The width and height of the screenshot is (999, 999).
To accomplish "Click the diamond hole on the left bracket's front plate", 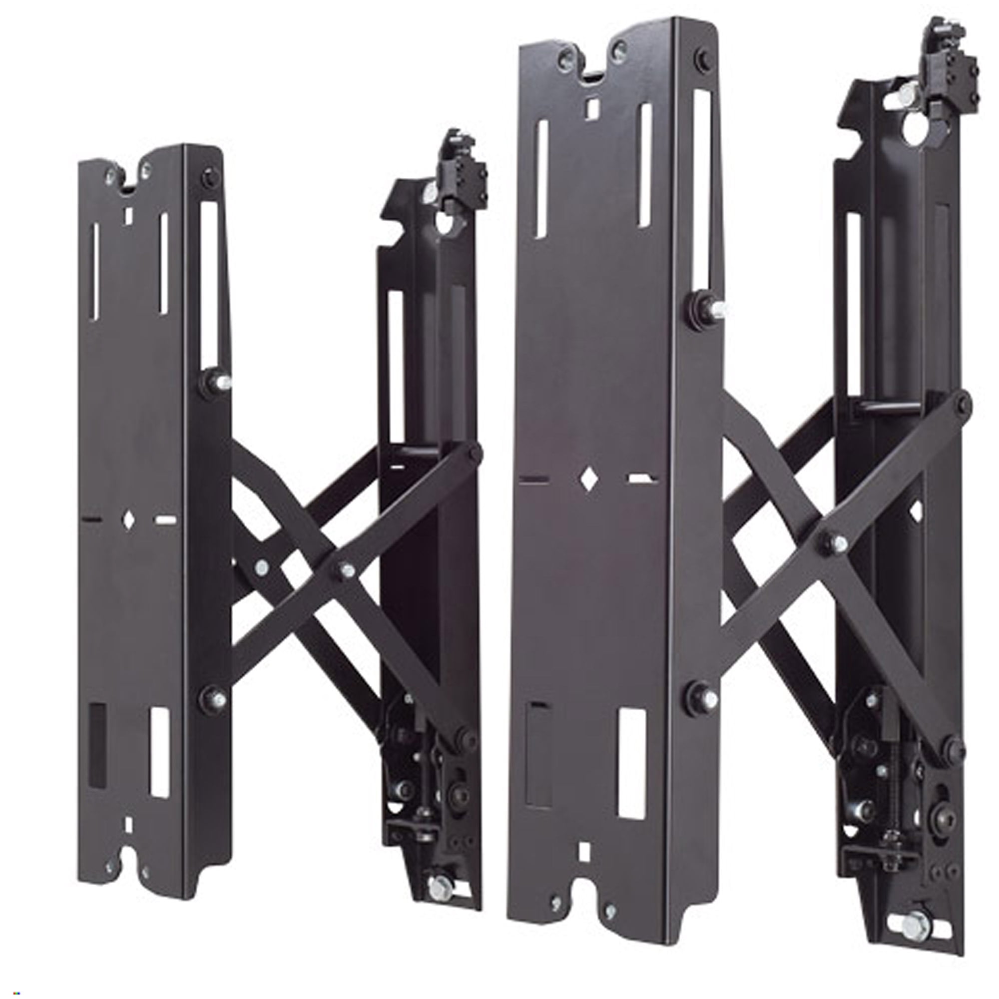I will [128, 519].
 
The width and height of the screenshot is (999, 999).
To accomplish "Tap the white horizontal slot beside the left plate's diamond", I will [165, 519].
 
